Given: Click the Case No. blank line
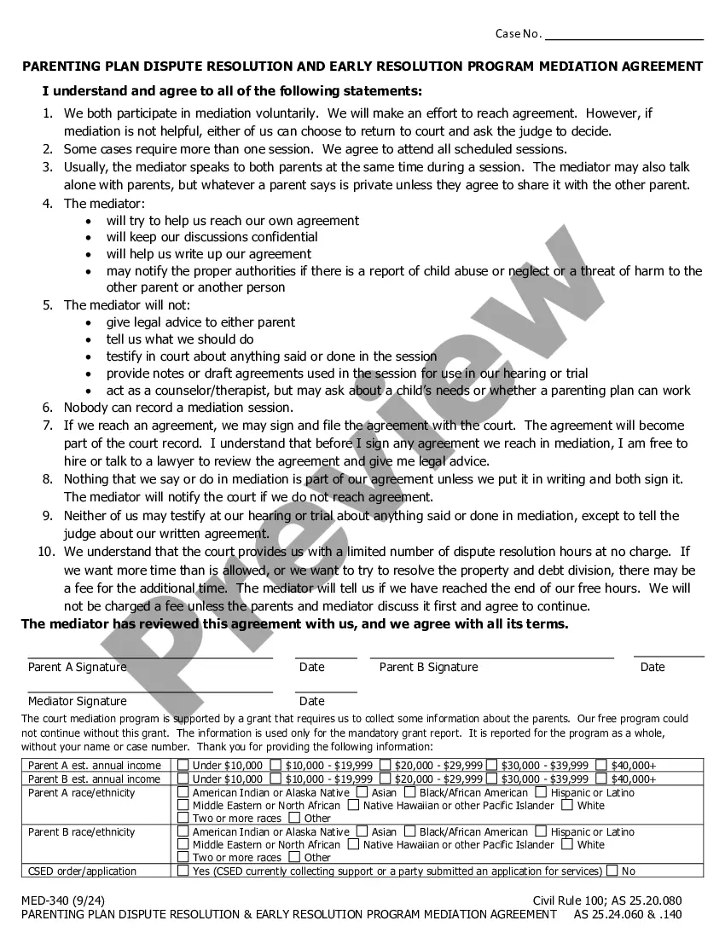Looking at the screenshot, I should coord(623,38).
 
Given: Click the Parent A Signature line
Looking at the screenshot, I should coord(150,657).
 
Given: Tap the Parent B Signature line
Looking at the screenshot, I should coord(491,657).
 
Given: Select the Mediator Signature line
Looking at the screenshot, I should coord(150,692).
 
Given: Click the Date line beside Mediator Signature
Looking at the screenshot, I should coord(326,692).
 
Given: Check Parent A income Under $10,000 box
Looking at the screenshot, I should coord(183,765).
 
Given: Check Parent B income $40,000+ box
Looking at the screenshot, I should coord(601,779).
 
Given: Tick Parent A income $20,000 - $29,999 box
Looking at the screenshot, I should coord(386,765).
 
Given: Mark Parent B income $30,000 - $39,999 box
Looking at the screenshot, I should coord(492,779).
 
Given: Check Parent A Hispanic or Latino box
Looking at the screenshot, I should coord(541,792).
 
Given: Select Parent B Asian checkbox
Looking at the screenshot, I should coord(362,831).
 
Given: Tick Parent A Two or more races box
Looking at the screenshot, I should coord(183,818).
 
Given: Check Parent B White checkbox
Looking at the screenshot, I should coord(567,844).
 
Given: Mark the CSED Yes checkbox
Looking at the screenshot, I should coord(183,871).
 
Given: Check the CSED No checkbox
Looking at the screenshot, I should coord(612,871).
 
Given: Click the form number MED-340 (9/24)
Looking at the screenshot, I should coord(61,900).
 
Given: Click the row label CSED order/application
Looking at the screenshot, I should coord(82,871).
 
